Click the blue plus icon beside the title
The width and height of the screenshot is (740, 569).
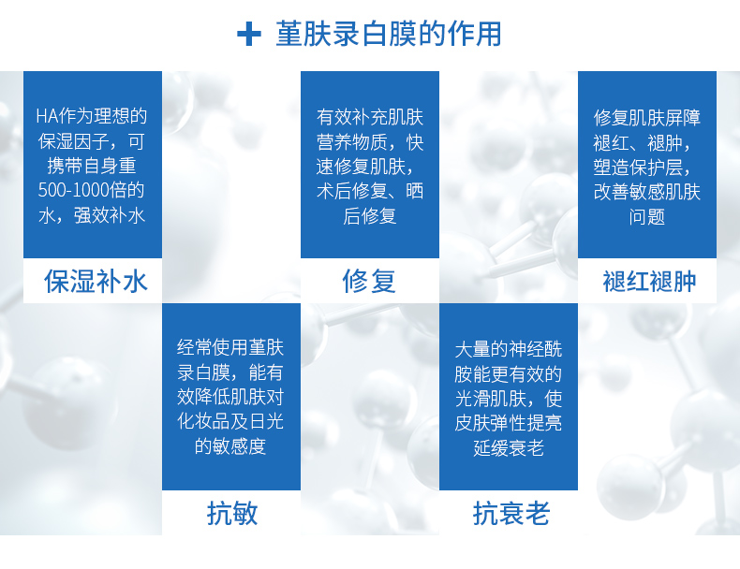pos(249,35)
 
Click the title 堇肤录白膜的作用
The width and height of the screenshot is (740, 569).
pos(389,34)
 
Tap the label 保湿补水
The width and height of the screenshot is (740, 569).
pos(96,282)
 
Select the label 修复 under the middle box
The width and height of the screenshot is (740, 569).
pos(369,282)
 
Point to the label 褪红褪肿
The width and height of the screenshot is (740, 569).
pos(649,282)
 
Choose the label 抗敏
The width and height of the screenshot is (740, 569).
pos(232,513)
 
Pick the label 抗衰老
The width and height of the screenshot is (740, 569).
pos(511,513)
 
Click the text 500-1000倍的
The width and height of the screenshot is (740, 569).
pos(91,190)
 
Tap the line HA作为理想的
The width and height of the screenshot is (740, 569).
pos(92,116)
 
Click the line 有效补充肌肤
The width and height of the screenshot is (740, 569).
pos(370,117)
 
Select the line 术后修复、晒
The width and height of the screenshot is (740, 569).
pos(370,191)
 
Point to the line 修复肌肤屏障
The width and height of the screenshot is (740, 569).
pos(647,117)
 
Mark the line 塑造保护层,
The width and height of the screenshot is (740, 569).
pos(643,167)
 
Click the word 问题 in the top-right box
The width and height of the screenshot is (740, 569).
pos(647,217)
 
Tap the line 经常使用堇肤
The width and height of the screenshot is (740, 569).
pos(230,347)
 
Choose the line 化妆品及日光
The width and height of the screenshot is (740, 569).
pos(230,421)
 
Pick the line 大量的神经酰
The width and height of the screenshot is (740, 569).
pos(509,349)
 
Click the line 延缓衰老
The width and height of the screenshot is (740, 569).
pos(509,447)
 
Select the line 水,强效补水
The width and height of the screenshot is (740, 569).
pos(92,215)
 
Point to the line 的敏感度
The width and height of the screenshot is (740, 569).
pos(230,446)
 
